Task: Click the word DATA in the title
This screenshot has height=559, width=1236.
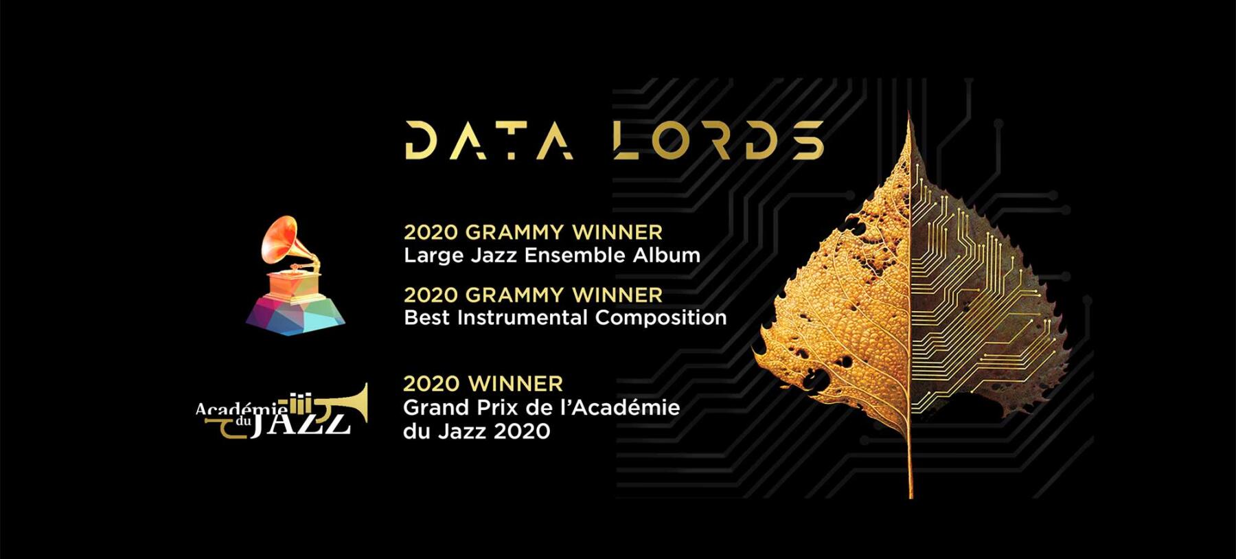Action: (x=489, y=140)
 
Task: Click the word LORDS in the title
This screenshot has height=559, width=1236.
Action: (x=718, y=140)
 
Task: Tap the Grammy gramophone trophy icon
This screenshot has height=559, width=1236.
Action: (x=295, y=275)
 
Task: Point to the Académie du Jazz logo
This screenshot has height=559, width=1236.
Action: (x=282, y=412)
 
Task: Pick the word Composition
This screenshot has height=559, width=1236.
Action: (x=661, y=317)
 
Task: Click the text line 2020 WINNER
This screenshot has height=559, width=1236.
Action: (x=483, y=383)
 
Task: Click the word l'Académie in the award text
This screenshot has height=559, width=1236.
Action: (x=621, y=407)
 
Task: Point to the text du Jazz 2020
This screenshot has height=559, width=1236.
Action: (x=477, y=431)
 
